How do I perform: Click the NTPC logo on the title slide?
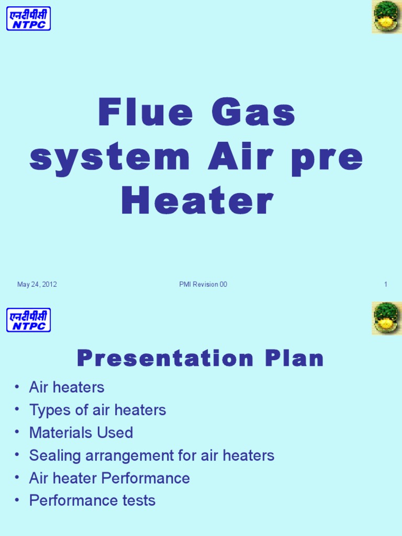coord(28,18)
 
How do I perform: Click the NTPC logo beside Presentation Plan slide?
coord(28,320)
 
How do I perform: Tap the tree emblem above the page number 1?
coord(386,17)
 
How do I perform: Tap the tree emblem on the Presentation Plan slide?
coord(386,318)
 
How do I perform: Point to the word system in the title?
coord(109,157)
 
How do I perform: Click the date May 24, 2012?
coord(37,285)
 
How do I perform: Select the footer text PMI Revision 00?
coord(203,285)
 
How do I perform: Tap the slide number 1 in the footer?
coord(386,285)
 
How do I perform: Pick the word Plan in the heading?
coord(294,359)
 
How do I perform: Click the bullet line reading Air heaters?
coord(66,387)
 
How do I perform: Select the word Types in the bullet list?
coord(50,410)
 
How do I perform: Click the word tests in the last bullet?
coord(138,501)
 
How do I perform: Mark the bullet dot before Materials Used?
coord(18,433)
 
